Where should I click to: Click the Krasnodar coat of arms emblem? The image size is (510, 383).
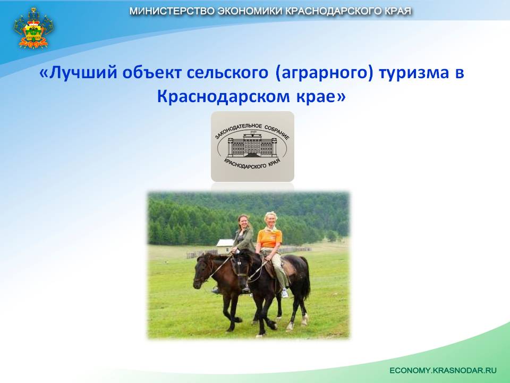tap(33, 28)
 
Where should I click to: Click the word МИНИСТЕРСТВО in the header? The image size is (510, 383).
tap(171, 11)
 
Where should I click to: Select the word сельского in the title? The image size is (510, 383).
tap(227, 72)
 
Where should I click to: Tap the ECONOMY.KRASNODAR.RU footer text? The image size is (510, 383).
tap(443, 370)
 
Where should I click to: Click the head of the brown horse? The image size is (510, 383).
tap(202, 271)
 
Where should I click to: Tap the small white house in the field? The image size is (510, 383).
tap(225, 246)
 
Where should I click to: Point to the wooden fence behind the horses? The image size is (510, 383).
tap(202, 254)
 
